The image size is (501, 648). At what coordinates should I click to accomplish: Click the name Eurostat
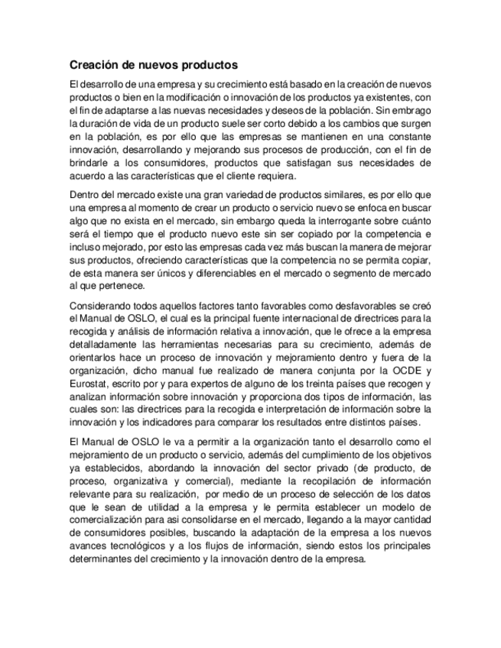[x=88, y=384]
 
